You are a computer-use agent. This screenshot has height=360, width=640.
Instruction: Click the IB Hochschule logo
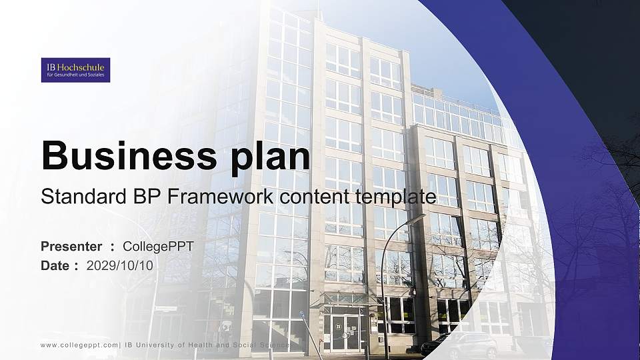pos(75,70)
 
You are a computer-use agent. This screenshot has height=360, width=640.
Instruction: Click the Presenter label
pos(71,247)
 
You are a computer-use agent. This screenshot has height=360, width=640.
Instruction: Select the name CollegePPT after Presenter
pos(161,247)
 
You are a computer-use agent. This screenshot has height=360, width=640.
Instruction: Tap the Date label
pos(56,265)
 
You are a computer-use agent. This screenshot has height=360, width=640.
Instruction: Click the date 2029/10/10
pos(120,265)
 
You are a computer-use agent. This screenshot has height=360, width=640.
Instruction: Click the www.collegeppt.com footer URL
pos(79,345)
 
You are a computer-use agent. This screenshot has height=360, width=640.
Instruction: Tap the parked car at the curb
pos(460,345)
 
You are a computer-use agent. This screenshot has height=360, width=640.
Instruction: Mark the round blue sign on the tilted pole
pos(301,314)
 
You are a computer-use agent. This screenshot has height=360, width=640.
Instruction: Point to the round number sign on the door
pos(338,326)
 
